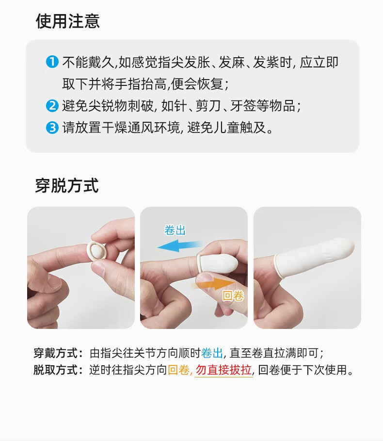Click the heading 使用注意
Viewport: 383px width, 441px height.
tap(68, 21)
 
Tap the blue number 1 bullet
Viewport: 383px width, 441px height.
tap(52, 62)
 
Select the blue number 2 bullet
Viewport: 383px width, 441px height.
tap(52, 106)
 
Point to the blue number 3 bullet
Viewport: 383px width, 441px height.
tap(52, 128)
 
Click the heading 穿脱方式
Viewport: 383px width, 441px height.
tap(67, 186)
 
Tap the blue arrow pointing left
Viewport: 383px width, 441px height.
tap(180, 246)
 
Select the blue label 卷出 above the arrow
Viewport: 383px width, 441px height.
tap(175, 230)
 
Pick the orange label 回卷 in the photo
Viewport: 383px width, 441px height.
tap(233, 296)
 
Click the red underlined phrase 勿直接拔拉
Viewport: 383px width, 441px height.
tap(223, 370)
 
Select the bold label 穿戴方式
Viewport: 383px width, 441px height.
tap(56, 353)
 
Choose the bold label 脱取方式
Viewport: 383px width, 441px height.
tap(56, 370)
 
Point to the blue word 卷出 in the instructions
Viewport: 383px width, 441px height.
tap(212, 353)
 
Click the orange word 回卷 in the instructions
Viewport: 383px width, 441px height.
tap(179, 370)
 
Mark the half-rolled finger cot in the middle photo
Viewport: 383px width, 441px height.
tap(218, 263)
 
